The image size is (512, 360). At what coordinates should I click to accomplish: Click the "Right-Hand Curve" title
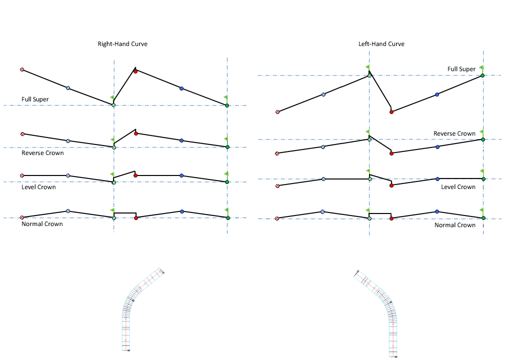[x=122, y=44]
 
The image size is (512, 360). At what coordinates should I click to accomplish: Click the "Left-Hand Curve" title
[x=381, y=44]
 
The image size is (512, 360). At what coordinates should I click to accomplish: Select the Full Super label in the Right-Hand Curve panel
[x=35, y=99]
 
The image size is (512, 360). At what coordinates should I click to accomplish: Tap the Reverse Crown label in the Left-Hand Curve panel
[x=454, y=133]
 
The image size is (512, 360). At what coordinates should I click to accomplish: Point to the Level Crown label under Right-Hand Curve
[x=38, y=187]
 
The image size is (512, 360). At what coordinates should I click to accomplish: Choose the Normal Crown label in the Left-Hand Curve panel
[x=455, y=225]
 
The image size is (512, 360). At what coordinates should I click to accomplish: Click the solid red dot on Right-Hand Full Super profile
[x=135, y=71]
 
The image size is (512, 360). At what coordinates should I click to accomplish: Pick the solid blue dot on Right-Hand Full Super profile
[x=181, y=88]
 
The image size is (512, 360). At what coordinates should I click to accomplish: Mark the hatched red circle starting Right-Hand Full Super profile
[x=22, y=69]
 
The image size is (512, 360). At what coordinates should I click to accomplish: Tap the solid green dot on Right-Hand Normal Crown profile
[x=227, y=218]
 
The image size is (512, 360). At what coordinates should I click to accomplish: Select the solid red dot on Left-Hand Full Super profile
[x=391, y=112]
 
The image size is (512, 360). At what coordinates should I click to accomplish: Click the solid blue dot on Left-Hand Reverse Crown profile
[x=437, y=147]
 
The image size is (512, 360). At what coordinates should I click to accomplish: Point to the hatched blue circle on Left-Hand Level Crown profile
[x=323, y=179]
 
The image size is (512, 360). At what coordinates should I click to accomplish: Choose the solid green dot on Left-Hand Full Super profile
[x=482, y=75]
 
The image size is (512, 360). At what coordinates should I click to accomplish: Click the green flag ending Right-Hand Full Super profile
[x=225, y=97]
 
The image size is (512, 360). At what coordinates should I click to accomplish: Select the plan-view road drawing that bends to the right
[x=140, y=310]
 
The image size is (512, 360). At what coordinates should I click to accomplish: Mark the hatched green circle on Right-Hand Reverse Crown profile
[x=114, y=147]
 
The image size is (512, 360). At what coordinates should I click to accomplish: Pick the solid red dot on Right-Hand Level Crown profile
[x=135, y=175]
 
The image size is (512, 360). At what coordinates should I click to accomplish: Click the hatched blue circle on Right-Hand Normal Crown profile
[x=68, y=211]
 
